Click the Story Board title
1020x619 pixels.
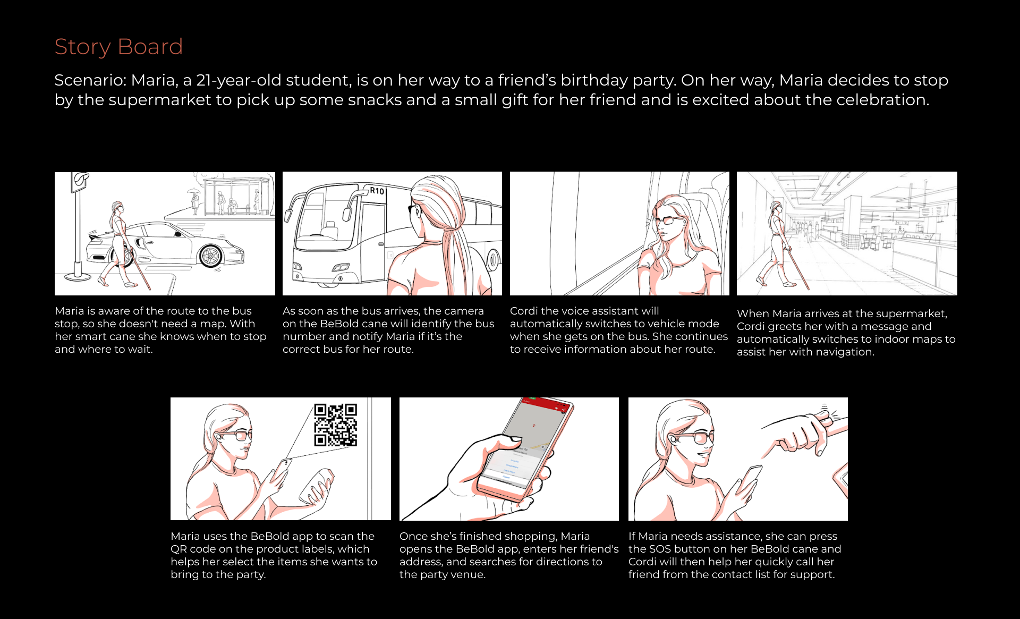118,47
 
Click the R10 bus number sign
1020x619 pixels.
377,191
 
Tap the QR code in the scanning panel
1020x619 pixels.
335,425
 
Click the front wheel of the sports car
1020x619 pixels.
210,256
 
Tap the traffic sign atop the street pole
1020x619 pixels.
80,181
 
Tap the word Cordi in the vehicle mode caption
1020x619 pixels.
524,311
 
